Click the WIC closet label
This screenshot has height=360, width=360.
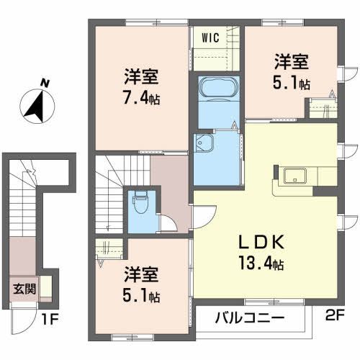(x=210, y=35)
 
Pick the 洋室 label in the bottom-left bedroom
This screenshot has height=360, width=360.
(x=141, y=274)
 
